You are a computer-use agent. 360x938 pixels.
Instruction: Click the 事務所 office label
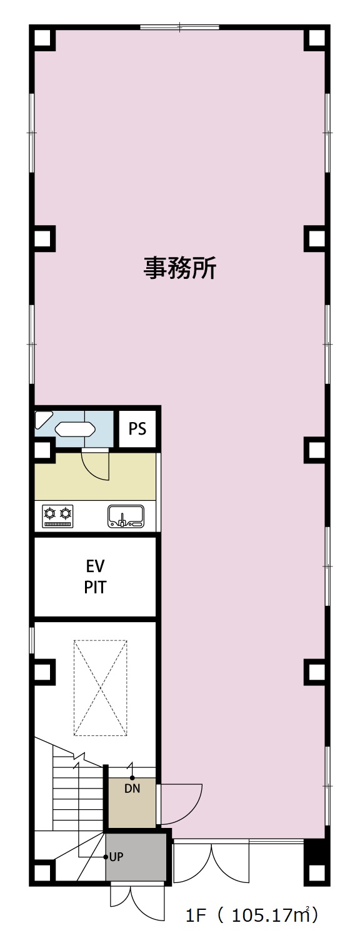click(180, 268)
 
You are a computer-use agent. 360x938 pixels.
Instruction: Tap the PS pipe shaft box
click(137, 428)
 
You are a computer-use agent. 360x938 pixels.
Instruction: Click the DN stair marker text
click(132, 789)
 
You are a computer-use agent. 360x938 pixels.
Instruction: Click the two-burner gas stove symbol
click(57, 516)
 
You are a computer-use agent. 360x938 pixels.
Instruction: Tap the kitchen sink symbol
click(126, 516)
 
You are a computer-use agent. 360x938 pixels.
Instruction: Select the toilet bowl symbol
click(76, 429)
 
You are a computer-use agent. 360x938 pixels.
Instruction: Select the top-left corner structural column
click(42, 38)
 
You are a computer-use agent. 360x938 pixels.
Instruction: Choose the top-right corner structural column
click(317, 38)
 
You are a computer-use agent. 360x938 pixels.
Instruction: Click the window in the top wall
click(179, 28)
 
